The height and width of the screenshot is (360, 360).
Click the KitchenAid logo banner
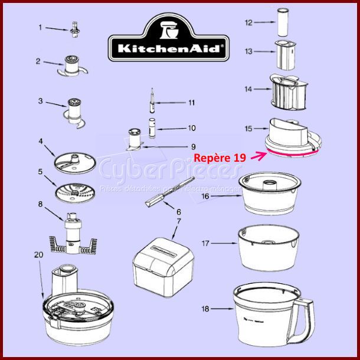point(168,40)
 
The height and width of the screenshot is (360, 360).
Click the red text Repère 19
point(220,158)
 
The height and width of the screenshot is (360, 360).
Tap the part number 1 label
point(41,27)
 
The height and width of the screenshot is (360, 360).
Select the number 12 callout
point(248,22)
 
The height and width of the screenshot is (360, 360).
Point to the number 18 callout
point(205,308)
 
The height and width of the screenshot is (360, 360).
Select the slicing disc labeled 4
point(74,162)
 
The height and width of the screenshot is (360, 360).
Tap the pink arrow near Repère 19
point(258,156)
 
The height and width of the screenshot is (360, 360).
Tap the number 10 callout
point(191,128)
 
